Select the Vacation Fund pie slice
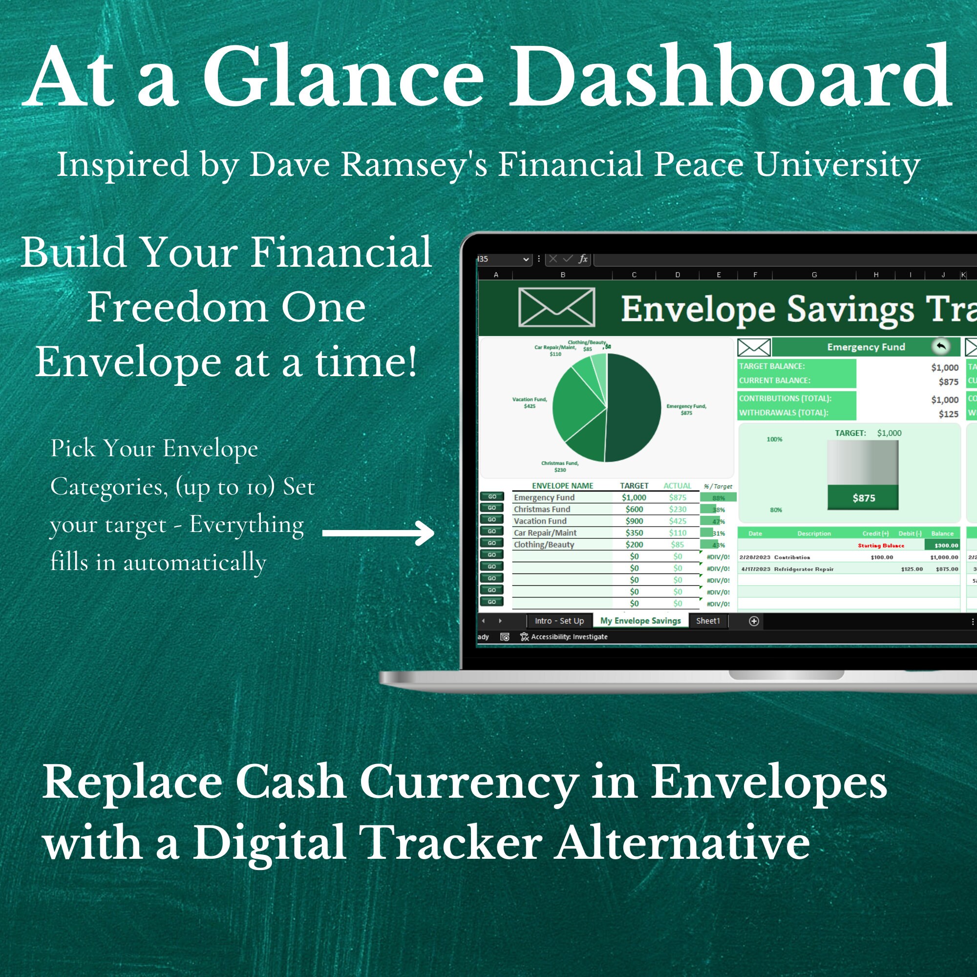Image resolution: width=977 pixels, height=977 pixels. [576, 404]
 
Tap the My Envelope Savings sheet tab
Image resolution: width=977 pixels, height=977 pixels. [640, 620]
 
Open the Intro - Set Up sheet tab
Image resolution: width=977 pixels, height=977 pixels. [559, 620]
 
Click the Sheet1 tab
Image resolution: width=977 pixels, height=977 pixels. [707, 620]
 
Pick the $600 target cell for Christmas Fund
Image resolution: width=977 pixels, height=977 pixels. [634, 509]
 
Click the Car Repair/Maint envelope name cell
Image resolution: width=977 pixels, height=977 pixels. [545, 532]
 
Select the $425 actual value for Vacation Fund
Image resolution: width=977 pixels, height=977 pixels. [678, 521]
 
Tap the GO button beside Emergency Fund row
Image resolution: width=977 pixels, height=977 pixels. [491, 497]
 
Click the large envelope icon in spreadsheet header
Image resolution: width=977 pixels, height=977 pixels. [556, 307]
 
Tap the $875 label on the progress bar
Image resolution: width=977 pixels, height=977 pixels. [864, 498]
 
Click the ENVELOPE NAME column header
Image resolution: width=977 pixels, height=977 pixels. [562, 486]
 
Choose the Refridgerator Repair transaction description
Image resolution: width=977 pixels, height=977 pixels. [804, 569]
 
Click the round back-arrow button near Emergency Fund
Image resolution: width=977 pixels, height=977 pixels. [940, 347]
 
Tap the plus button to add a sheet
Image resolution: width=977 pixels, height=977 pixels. [753, 621]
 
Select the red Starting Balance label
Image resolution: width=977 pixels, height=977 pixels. [881, 546]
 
